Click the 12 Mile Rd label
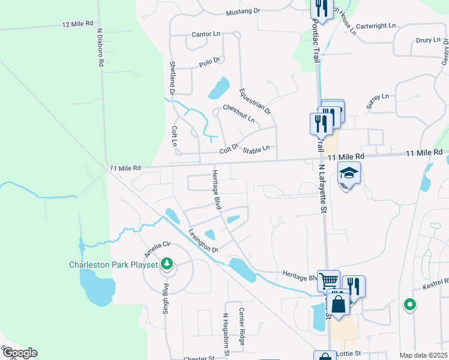[x=79, y=24]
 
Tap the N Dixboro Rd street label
[x=100, y=46]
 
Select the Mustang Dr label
[x=243, y=11]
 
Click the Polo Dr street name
[x=209, y=62]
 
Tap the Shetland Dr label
[x=172, y=79]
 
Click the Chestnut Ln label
[x=238, y=115]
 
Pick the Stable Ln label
[x=256, y=148]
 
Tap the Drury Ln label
[x=428, y=40]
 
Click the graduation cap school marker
[x=349, y=173]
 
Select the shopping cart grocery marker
[x=328, y=281]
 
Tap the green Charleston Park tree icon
[x=166, y=263]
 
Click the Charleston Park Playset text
[x=113, y=265]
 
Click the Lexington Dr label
[x=202, y=240]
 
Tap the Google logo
[x=19, y=353]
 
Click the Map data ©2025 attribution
[x=423, y=355]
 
